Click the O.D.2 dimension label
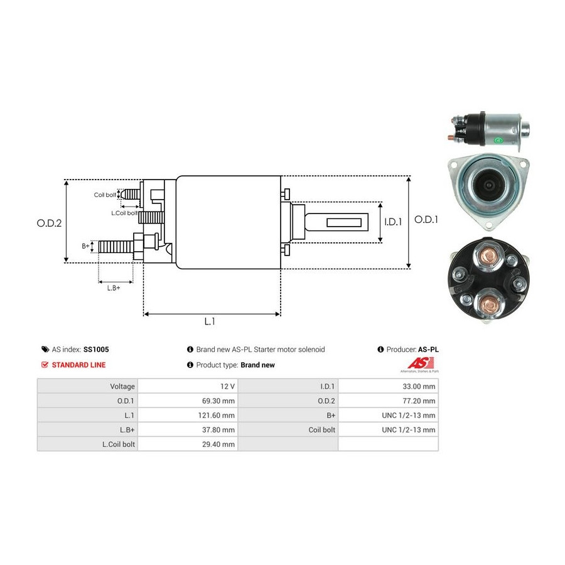tap(50, 222)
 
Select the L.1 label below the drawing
tap(210, 321)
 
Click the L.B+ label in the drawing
tap(113, 288)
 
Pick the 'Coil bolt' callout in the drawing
tap(105, 195)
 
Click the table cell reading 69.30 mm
tap(220, 401)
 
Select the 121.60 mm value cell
tap(217, 415)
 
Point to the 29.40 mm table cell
tap(220, 444)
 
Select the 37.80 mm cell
tap(220, 429)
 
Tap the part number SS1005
tap(105, 350)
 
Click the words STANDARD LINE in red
tap(78, 365)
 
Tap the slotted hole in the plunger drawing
tap(343, 222)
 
